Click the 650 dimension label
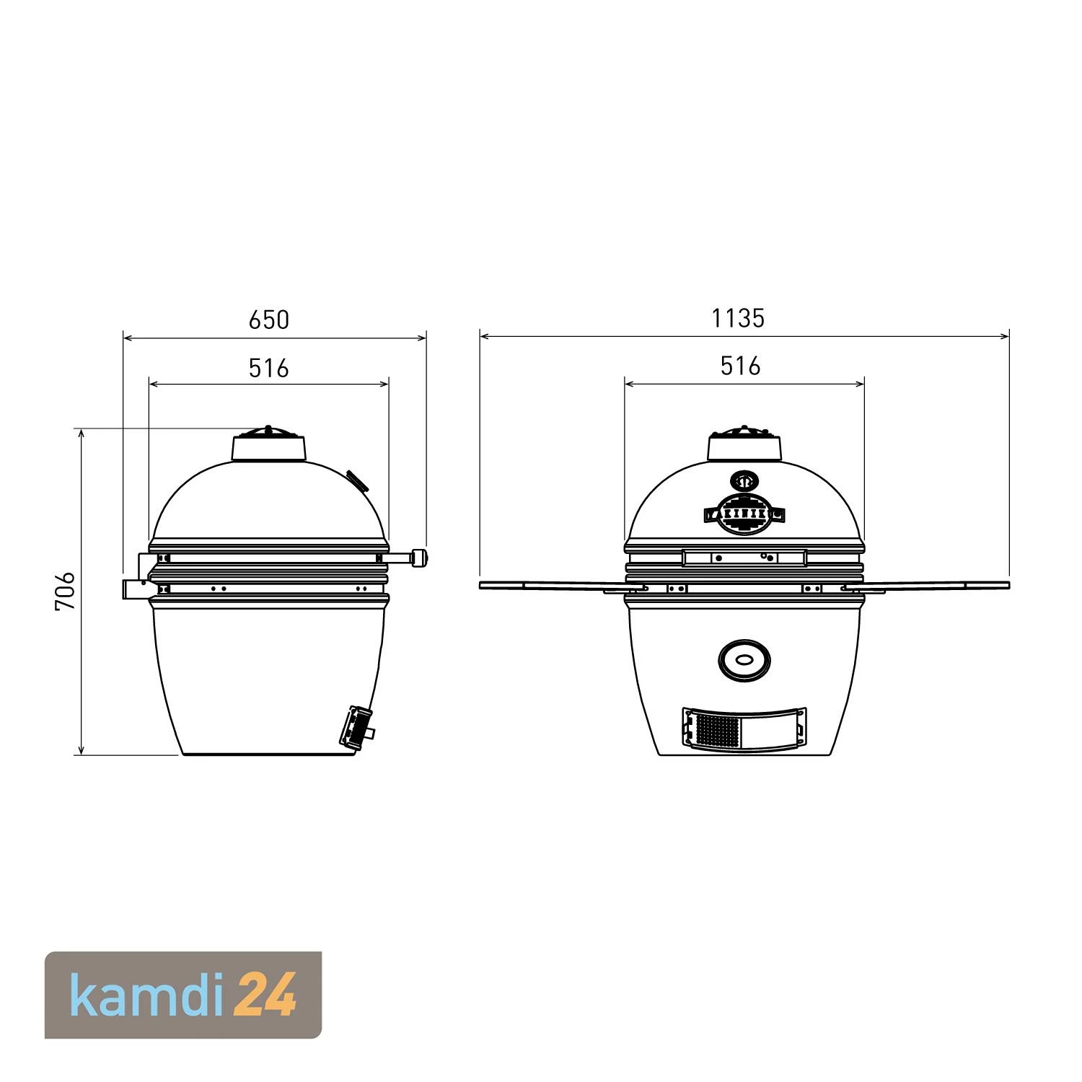coord(268,320)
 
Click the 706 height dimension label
coord(66,591)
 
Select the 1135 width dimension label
coord(737,318)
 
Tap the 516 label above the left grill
coord(268,369)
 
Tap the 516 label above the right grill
coord(740,366)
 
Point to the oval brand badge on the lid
coord(744,514)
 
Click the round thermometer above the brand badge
coord(744,481)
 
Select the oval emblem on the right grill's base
coord(744,659)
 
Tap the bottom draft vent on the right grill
coord(744,727)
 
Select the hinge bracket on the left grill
coord(136,589)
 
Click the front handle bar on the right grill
coord(744,558)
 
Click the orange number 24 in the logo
coord(268,995)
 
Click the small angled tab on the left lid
coord(356,479)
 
